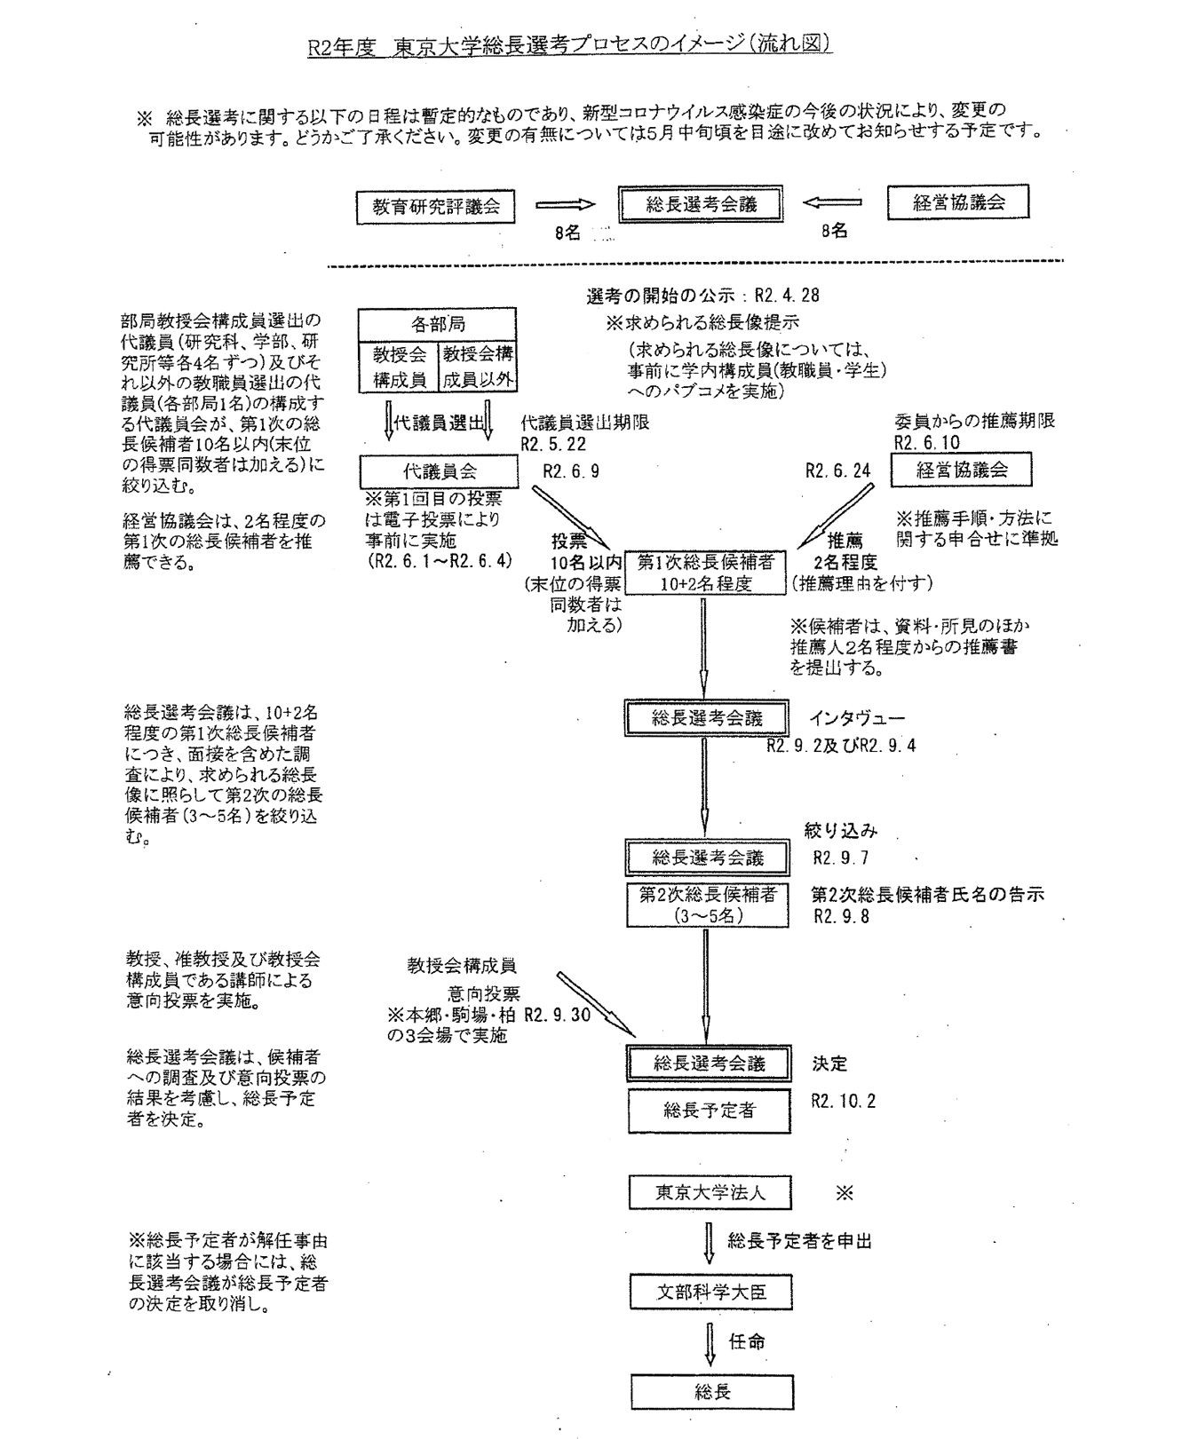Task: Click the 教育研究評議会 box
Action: tap(436, 207)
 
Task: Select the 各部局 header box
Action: tap(437, 324)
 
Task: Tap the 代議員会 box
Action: tap(439, 470)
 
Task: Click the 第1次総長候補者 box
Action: tap(707, 572)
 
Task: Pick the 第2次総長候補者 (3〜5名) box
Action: tap(708, 905)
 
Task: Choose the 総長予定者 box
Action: tap(709, 1110)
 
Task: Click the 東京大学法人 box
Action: tap(710, 1193)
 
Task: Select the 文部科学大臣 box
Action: tap(710, 1292)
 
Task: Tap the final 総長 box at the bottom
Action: tap(711, 1391)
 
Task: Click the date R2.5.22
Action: tap(553, 444)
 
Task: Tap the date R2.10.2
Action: tap(843, 1101)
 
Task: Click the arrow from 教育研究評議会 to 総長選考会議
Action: tap(564, 204)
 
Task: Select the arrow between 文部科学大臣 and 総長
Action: tap(710, 1341)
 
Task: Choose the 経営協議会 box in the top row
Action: tap(958, 202)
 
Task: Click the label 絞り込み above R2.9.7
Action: tap(840, 831)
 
